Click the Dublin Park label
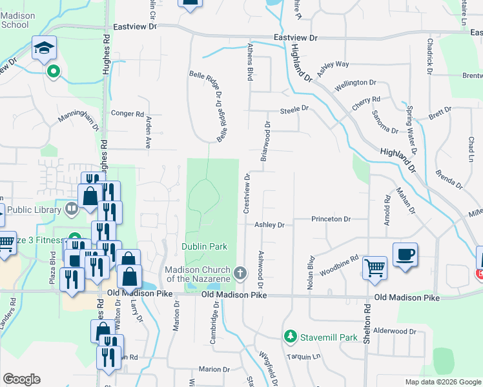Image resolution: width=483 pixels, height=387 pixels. point(204,246)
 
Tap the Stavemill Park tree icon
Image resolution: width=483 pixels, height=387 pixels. point(290,337)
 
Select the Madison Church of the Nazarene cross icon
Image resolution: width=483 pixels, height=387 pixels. point(240,273)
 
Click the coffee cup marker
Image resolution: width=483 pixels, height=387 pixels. point(405,255)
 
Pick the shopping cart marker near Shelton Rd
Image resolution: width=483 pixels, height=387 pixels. point(375,268)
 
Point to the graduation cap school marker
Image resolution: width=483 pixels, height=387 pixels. point(45,48)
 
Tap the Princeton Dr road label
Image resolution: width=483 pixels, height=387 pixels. point(331,219)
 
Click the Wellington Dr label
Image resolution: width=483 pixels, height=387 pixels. point(355,83)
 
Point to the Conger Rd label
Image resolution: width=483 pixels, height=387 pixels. point(127,114)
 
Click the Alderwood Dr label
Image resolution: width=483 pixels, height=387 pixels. point(395,331)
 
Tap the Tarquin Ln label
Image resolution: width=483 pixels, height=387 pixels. point(305,356)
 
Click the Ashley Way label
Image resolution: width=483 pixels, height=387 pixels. point(333,65)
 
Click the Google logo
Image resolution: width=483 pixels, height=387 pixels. point(21,380)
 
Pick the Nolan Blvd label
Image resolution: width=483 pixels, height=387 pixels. point(311,274)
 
